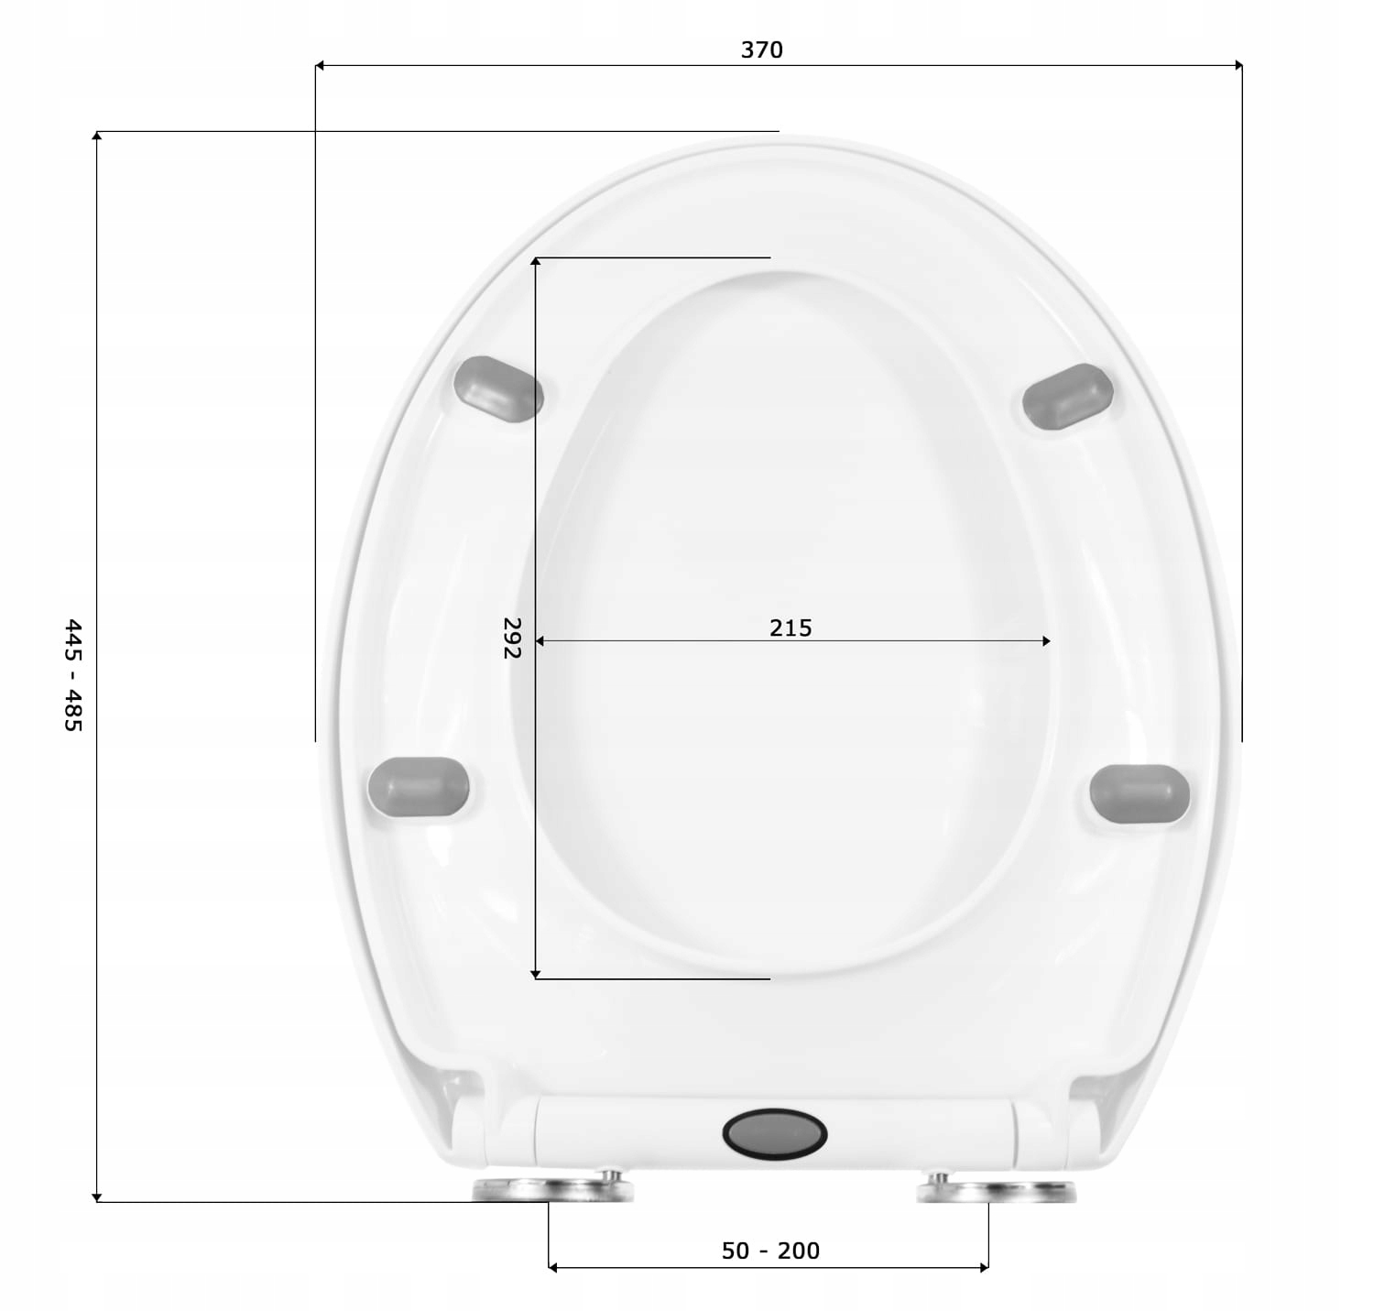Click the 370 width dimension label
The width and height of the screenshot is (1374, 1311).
coord(762,49)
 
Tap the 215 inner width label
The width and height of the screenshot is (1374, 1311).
coord(791,628)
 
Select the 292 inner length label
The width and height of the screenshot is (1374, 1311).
coord(512,638)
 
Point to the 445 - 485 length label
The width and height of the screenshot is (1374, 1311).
coord(73,674)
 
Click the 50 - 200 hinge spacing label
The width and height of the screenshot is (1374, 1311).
coord(770,1251)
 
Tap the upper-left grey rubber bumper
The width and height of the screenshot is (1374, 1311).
coord(498,388)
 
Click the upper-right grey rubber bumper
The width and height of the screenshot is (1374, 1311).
coord(1068,396)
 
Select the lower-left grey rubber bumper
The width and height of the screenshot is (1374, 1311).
coord(419,786)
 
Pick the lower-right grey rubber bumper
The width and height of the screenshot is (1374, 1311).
coord(1140,793)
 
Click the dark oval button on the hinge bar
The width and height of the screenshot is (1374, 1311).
coord(775,1134)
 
